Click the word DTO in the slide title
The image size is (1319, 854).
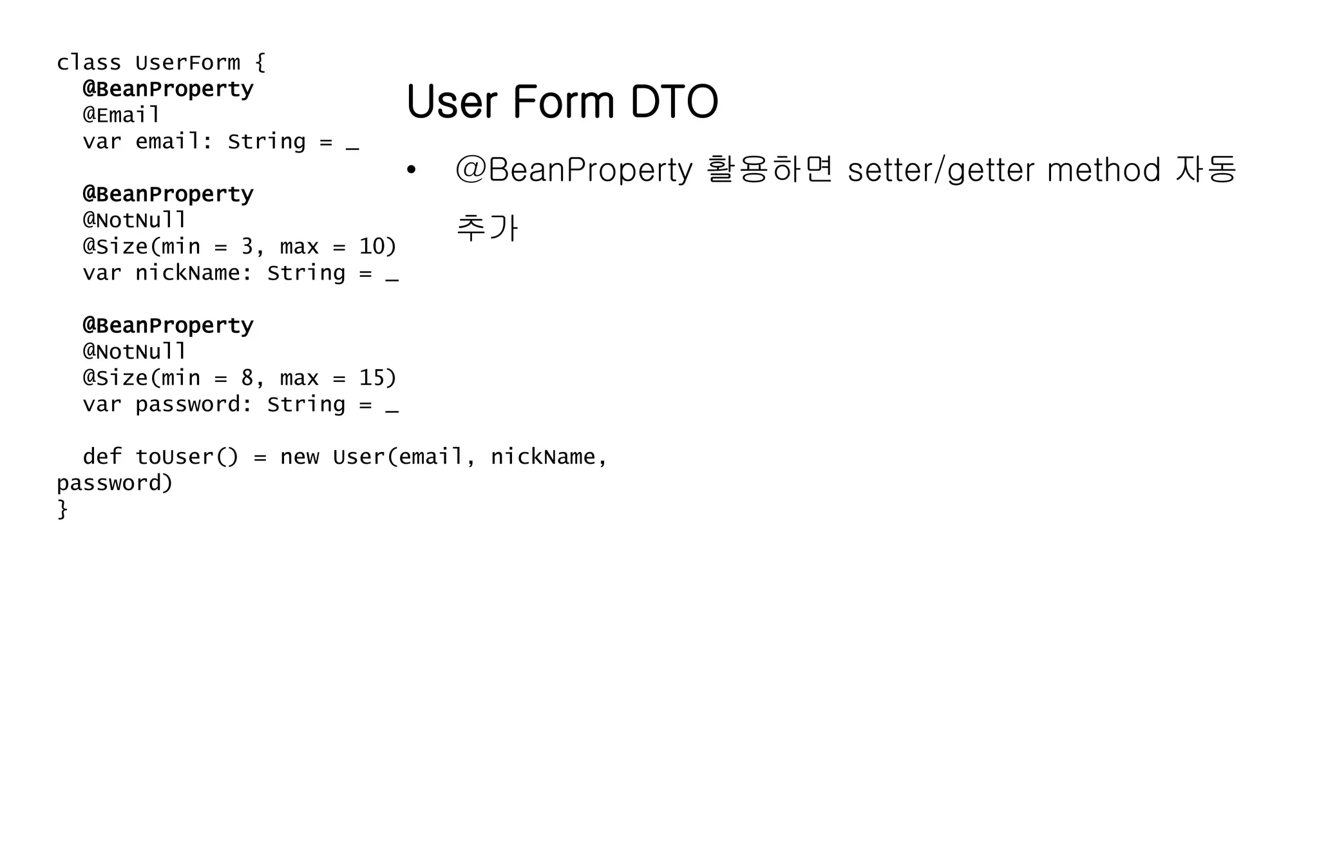[674, 102]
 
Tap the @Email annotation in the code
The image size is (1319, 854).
[121, 115]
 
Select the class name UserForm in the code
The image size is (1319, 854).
[187, 63]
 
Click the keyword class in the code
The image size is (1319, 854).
[89, 63]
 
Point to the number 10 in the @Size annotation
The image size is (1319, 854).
[372, 247]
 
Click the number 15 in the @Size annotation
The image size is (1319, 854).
[372, 378]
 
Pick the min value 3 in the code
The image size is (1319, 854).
[247, 247]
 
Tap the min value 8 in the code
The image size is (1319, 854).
[247, 378]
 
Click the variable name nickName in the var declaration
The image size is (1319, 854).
[187, 273]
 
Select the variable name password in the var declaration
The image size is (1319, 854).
[187, 404]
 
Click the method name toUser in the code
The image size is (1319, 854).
[174, 457]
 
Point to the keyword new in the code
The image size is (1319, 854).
[299, 457]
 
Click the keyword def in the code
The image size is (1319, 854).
[102, 457]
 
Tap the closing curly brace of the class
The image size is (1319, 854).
[62, 509]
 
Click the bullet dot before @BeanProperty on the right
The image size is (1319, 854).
[411, 171]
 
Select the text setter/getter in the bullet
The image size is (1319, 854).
[938, 171]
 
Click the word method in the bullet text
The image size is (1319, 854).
[1103, 171]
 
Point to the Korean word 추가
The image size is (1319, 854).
[487, 228]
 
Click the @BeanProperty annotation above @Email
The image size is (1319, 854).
[168, 89]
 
